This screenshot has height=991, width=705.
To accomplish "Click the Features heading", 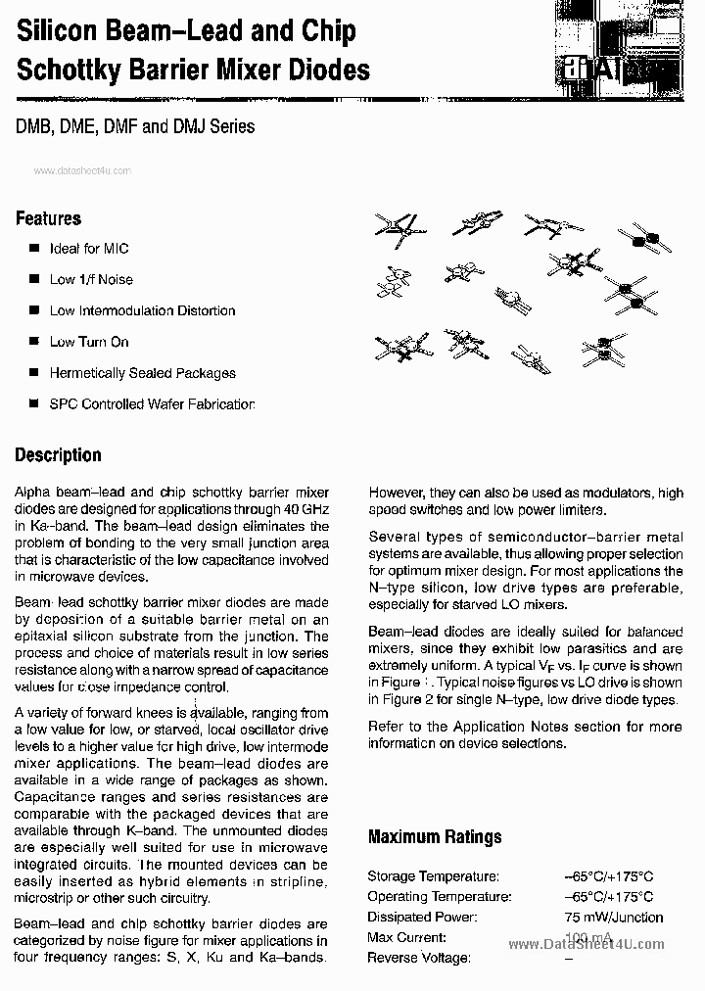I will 48,218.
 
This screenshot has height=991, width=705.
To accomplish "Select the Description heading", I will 58,455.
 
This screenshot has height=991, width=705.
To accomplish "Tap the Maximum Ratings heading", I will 434,837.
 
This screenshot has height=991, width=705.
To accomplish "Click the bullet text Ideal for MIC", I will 89,249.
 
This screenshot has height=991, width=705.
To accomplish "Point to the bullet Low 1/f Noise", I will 91,280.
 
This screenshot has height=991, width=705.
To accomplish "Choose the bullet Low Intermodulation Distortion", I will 142,311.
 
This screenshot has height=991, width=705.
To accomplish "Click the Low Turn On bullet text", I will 89,342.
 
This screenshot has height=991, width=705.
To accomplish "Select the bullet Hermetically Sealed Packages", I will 142,373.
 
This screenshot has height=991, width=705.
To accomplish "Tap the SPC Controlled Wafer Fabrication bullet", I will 152,404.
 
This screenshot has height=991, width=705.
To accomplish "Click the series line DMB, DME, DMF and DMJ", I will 135,126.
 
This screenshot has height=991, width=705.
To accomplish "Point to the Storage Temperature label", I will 433,876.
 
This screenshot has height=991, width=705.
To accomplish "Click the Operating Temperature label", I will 439,897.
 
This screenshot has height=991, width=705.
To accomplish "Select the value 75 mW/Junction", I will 613,918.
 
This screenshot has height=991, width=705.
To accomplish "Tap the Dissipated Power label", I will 422,918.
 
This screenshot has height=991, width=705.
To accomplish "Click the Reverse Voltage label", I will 419,958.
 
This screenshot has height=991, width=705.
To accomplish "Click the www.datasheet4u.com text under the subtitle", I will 81,170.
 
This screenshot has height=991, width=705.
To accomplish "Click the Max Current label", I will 406,938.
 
